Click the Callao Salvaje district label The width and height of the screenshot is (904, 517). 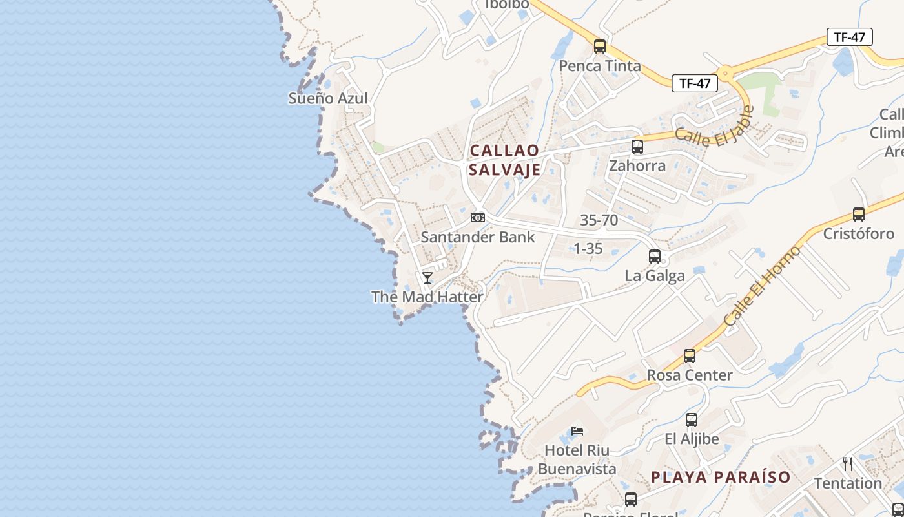[x=505, y=160]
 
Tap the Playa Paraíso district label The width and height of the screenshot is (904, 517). [x=721, y=478]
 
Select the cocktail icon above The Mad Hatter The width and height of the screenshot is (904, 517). [x=427, y=278]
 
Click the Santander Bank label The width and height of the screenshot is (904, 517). [x=478, y=237]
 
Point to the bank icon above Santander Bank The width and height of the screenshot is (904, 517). [x=478, y=218]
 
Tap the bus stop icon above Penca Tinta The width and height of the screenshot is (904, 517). [x=600, y=47]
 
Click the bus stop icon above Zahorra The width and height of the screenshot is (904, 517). [x=637, y=147]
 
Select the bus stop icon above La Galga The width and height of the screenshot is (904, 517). [x=655, y=257]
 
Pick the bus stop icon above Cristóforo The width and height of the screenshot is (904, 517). [x=859, y=215]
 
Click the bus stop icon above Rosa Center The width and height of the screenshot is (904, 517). [x=690, y=356]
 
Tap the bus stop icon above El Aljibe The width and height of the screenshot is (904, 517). [x=692, y=420]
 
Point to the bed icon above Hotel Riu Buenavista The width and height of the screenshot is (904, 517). [x=577, y=431]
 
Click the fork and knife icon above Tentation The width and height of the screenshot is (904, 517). [x=848, y=463]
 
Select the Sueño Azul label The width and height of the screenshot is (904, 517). [x=328, y=98]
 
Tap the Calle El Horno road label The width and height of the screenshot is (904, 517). [x=762, y=286]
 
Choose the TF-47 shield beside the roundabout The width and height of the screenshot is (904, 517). [x=695, y=83]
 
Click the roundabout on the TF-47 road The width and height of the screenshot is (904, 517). [x=726, y=72]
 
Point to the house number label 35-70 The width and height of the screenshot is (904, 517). [x=599, y=220]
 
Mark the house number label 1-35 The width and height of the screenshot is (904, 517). [x=588, y=248]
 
